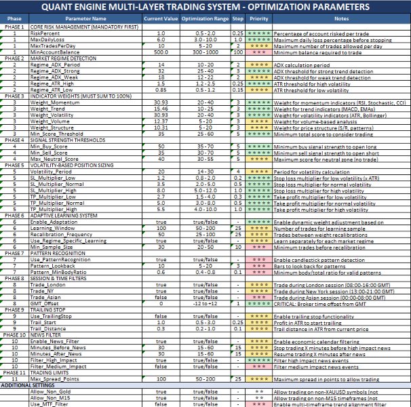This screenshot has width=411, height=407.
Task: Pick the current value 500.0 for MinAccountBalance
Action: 161,52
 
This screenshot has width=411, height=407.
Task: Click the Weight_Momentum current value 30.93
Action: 161,102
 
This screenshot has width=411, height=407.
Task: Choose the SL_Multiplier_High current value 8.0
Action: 161,191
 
